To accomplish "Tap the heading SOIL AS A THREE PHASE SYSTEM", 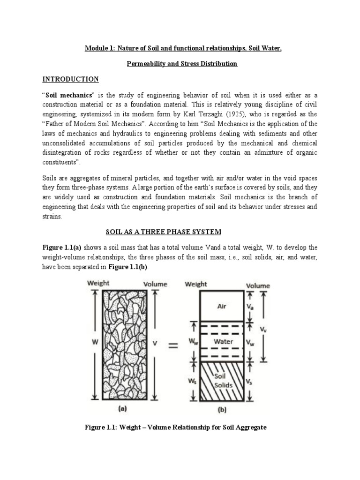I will (x=162, y=232).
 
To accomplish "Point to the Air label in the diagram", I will (x=222, y=306).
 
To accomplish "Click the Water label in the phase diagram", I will (x=223, y=342).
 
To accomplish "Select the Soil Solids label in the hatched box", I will (x=220, y=381).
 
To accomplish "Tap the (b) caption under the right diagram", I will (x=222, y=409).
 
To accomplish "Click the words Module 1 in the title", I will (x=99, y=47).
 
